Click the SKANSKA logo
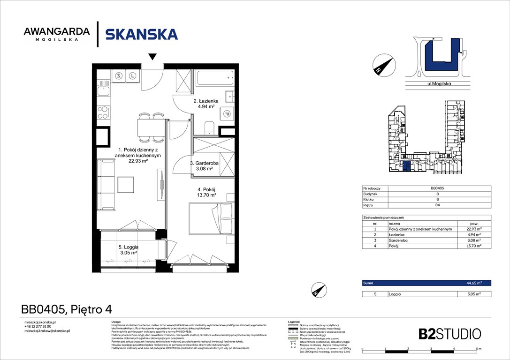tap(141, 34)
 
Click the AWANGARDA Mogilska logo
tap(56, 34)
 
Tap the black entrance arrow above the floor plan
tap(152, 57)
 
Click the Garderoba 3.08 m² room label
tap(204, 165)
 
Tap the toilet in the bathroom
tap(210, 127)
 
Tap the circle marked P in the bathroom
tap(227, 113)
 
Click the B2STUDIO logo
tap(449, 334)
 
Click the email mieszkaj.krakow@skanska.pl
tap(47, 331)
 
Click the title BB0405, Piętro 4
tap(67, 309)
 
